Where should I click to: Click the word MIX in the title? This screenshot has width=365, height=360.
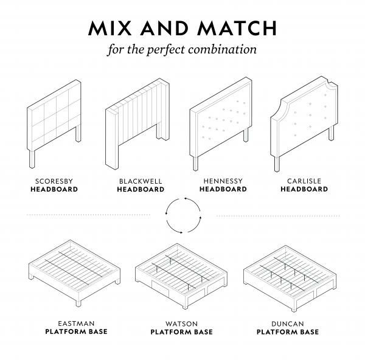110,28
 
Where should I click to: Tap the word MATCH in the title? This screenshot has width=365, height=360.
237,28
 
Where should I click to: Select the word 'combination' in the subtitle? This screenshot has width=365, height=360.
222,49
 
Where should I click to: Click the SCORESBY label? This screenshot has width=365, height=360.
54,181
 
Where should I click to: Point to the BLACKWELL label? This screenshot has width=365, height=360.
141,181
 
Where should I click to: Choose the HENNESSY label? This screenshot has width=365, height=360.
223,181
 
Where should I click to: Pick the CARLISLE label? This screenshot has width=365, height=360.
304,181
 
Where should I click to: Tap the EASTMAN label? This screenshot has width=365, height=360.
76,324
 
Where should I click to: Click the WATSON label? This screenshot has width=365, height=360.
181,324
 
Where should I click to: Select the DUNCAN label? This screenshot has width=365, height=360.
288,324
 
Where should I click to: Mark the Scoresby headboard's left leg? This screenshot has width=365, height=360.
32,159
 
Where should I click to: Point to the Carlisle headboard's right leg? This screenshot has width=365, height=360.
331,133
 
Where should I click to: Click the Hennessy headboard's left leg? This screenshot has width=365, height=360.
195,164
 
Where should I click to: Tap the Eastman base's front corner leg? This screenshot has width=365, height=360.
78,303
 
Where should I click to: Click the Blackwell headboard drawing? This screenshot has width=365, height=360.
137,124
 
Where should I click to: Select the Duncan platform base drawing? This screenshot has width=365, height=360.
290,279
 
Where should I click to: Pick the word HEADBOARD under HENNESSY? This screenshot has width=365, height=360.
223,189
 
